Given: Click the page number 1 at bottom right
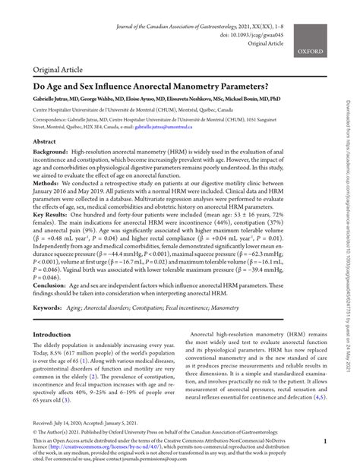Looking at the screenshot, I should click(324, 440).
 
